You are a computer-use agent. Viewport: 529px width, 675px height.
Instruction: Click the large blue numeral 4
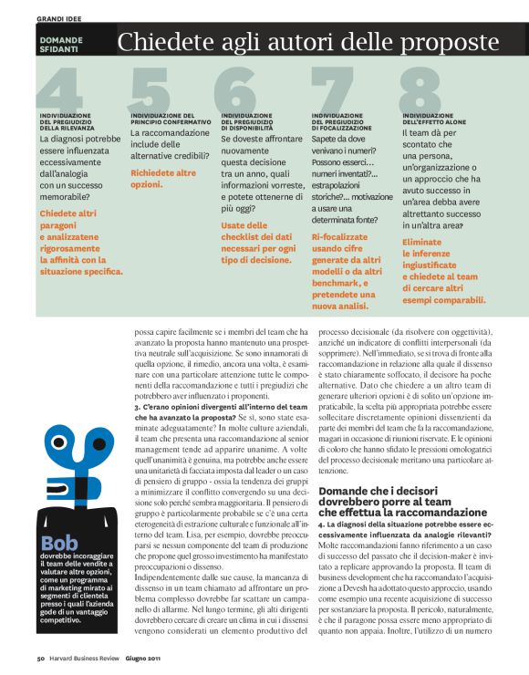click(61, 91)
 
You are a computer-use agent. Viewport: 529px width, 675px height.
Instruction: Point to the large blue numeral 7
click(333, 91)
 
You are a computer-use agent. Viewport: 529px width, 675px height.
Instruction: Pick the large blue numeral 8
click(421, 91)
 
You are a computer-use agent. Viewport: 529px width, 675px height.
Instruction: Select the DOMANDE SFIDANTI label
click(61, 45)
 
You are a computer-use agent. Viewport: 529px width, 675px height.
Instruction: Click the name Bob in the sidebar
click(59, 544)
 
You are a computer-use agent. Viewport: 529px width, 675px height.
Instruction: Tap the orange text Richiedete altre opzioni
click(164, 178)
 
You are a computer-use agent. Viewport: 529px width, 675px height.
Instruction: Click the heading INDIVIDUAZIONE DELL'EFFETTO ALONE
click(435, 119)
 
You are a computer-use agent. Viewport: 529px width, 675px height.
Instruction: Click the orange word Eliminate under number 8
click(423, 242)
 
